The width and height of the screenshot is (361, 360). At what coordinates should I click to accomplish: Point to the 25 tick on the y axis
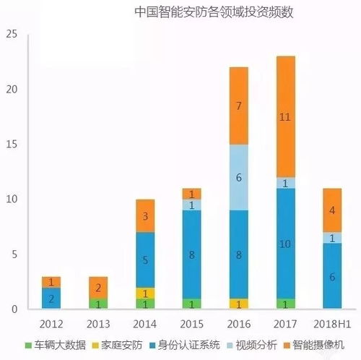click(x=9, y=34)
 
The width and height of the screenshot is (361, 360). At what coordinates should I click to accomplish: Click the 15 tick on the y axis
click(x=9, y=144)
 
